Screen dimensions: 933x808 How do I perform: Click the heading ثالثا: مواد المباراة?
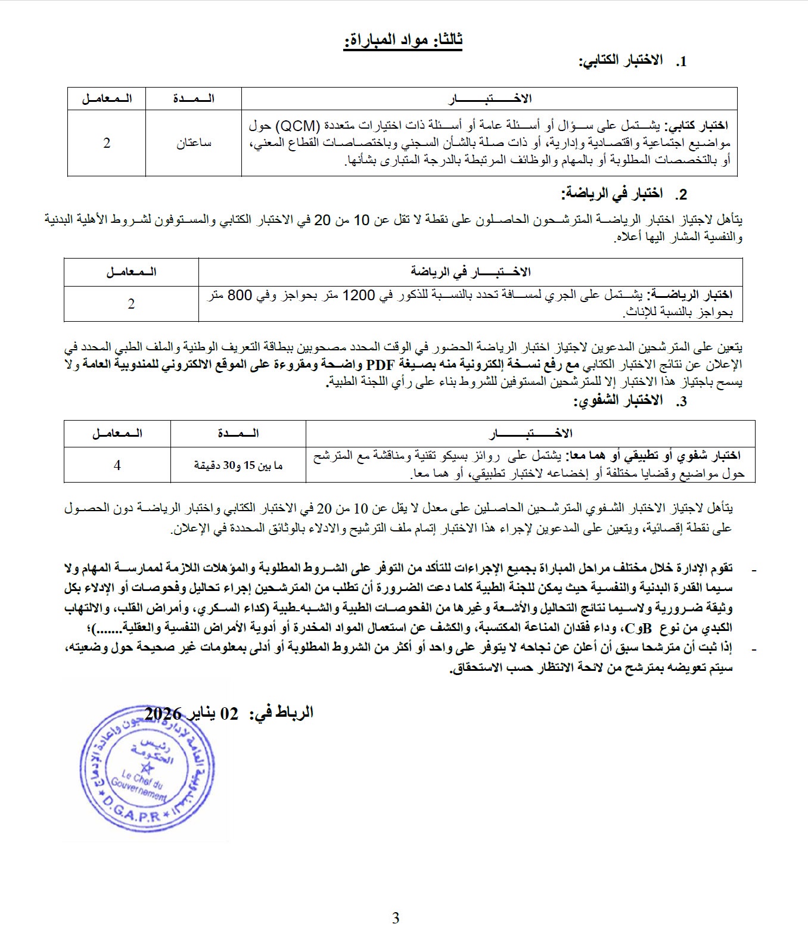403,40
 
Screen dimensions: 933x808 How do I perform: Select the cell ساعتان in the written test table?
194,144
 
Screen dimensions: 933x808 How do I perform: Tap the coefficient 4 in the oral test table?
117,465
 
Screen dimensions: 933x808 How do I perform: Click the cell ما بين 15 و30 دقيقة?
238,465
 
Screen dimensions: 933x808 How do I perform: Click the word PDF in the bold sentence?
380,365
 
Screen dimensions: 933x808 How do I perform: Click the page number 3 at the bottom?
396,918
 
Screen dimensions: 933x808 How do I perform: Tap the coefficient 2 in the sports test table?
131,303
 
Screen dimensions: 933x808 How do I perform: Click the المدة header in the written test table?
194,98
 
